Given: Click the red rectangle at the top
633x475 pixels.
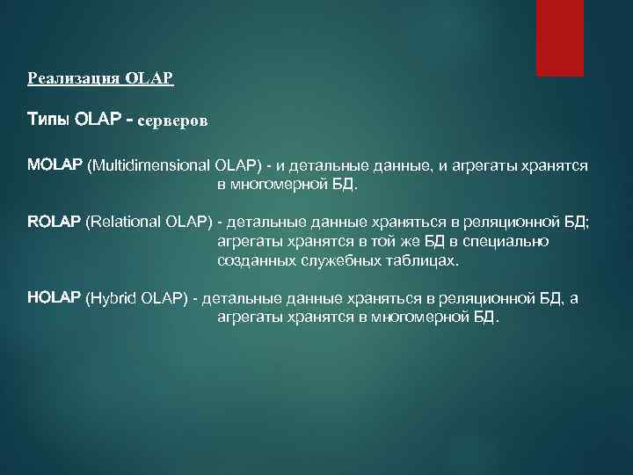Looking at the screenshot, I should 560,38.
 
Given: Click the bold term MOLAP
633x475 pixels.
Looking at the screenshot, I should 55,164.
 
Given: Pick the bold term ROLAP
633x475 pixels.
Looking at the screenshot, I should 55,223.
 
